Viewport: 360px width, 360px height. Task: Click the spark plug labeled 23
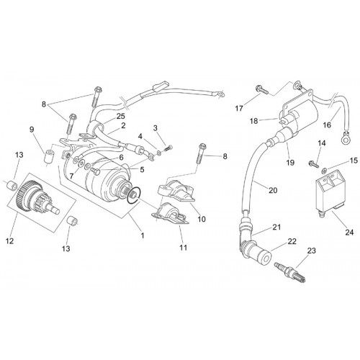290,272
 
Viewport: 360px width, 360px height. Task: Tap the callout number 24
349,232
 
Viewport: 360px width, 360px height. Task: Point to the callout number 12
10,240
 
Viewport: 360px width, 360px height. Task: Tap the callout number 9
32,130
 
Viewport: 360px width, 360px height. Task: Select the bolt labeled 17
262,89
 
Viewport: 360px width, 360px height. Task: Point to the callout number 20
273,190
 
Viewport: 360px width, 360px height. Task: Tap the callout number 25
120,116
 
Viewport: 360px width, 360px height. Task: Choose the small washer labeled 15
324,171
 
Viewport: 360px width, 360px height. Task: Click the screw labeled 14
313,164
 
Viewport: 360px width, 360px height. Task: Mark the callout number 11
183,248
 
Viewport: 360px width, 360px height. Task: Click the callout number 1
143,235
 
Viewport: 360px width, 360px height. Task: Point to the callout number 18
253,121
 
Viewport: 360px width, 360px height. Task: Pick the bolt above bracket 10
201,153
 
